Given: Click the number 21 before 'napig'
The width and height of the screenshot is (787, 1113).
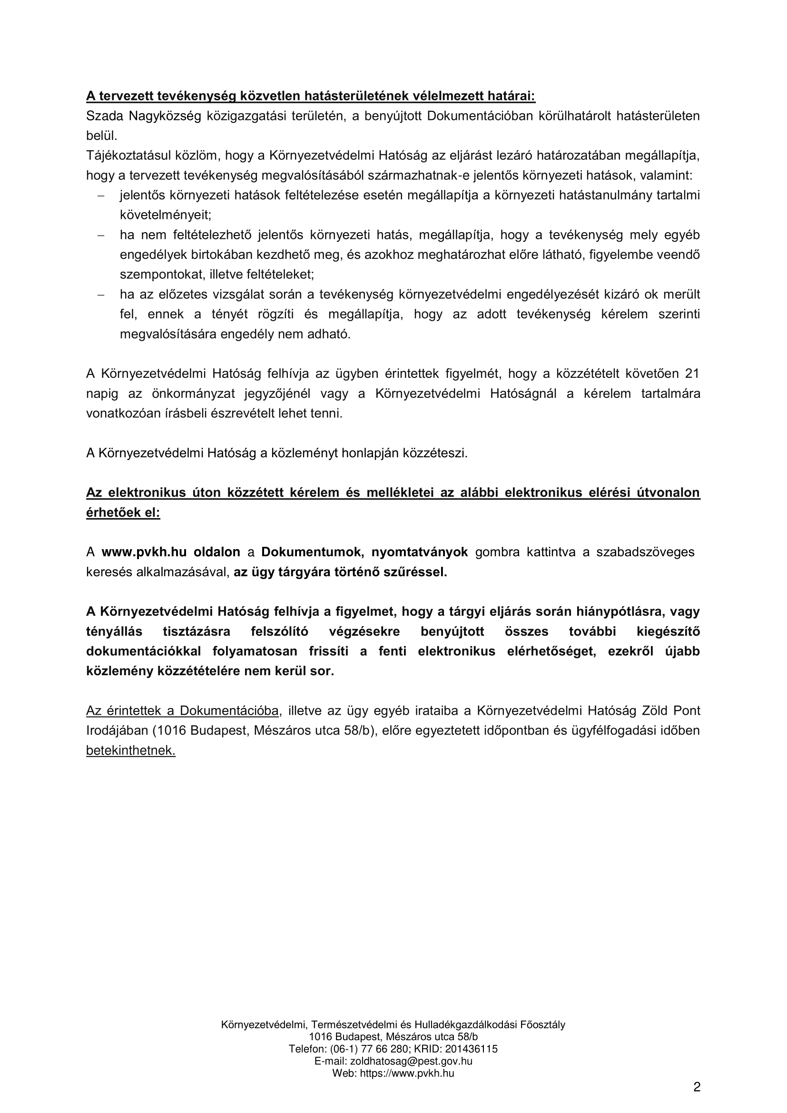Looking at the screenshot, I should pyautogui.click(x=691, y=374).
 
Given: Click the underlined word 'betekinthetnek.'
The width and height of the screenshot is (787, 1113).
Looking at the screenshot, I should pyautogui.click(x=131, y=750).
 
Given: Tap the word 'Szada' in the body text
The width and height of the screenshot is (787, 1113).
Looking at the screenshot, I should pyautogui.click(x=103, y=116).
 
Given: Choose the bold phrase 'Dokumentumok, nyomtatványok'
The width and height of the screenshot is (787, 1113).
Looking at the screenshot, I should pyautogui.click(x=364, y=552).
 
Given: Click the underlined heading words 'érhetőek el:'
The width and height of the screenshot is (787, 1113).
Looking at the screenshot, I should pyautogui.click(x=123, y=513).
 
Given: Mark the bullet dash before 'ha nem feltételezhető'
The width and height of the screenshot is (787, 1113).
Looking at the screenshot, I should pyautogui.click(x=101, y=236).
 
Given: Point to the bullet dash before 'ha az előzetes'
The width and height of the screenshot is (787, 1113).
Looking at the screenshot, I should pyautogui.click(x=101, y=295).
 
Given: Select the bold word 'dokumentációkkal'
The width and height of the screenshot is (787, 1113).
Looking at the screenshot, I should pyautogui.click(x=144, y=651).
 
